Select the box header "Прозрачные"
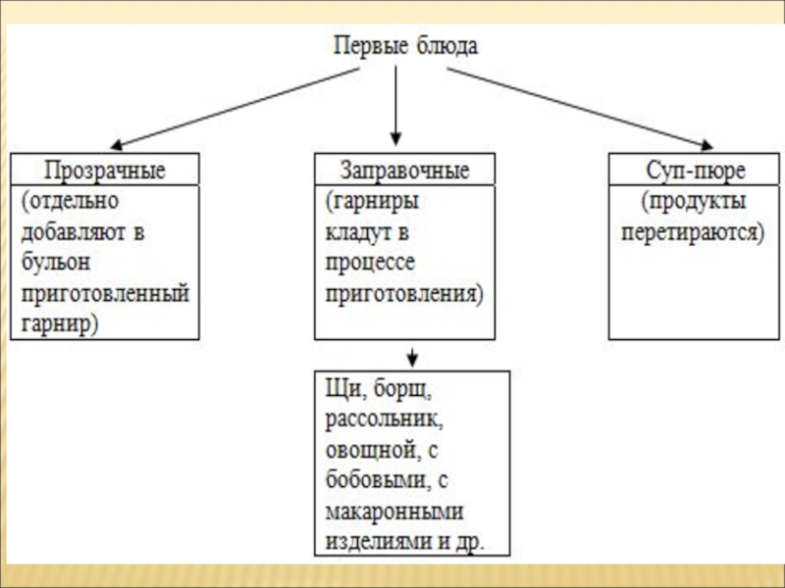pyautogui.click(x=105, y=170)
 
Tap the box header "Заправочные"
pyautogui.click(x=404, y=170)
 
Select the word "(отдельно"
pyautogui.click(x=69, y=203)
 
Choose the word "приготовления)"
pyautogui.click(x=404, y=293)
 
